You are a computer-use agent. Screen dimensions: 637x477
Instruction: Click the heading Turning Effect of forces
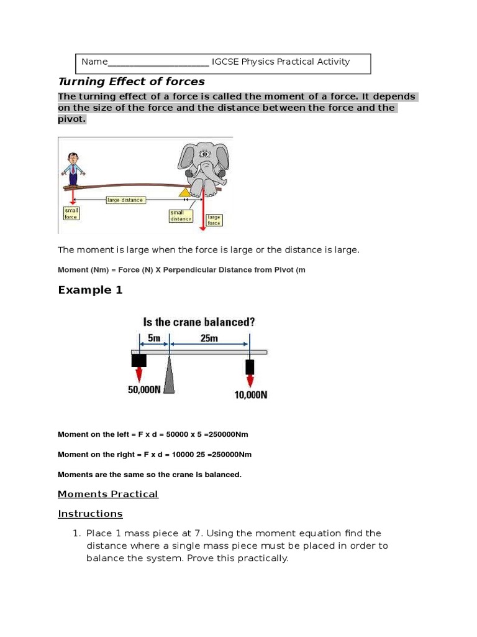click(131, 81)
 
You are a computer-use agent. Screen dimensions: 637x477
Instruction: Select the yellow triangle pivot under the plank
click(184, 192)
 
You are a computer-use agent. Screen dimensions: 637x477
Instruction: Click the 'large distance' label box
click(125, 200)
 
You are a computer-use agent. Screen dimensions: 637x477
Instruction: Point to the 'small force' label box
click(71, 213)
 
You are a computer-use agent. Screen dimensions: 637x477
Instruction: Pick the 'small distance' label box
click(181, 215)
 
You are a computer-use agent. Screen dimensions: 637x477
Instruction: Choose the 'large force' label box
click(214, 220)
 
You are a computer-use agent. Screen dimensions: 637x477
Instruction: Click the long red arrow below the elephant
click(202, 212)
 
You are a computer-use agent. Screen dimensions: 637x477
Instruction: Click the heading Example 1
click(90, 290)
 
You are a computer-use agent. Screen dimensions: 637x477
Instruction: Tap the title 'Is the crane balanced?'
click(199, 322)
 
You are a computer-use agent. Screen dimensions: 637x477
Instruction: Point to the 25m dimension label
click(209, 338)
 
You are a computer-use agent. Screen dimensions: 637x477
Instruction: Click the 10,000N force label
click(251, 394)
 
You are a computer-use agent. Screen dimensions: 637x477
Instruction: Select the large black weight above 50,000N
click(139, 361)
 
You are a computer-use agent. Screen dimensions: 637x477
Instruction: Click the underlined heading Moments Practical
click(108, 494)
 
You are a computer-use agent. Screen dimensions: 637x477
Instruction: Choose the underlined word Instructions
click(90, 514)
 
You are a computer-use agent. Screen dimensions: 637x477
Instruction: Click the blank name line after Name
click(158, 62)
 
